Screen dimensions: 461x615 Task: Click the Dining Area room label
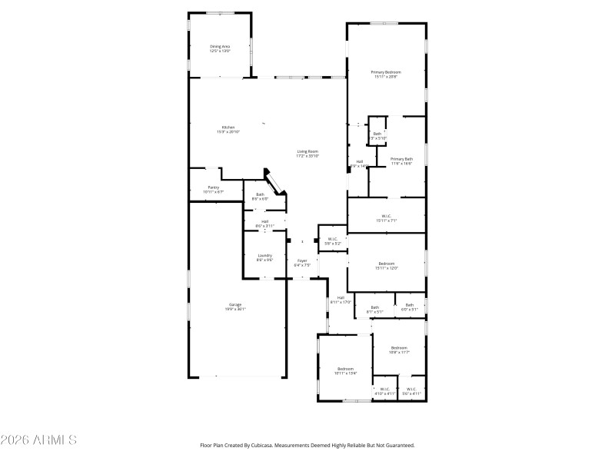[220, 47]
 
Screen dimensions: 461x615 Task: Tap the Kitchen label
[228, 128]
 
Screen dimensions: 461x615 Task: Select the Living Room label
[307, 151]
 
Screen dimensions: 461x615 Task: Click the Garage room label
[234, 305]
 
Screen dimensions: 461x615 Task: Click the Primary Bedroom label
[387, 72]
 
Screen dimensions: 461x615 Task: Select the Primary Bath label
[401, 159]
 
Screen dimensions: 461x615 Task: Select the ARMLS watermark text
[38, 440]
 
